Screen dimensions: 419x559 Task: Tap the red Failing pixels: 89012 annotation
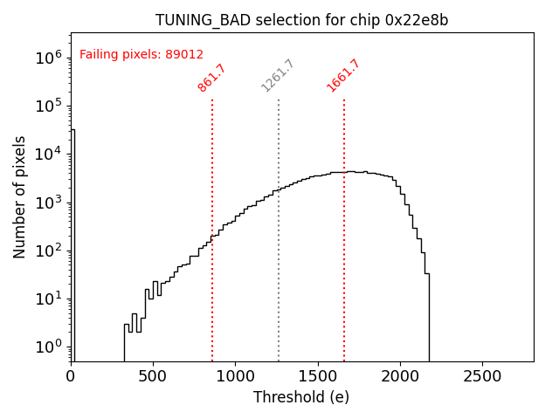[141, 54]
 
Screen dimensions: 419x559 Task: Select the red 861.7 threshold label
[211, 77]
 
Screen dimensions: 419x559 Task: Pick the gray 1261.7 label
[279, 76]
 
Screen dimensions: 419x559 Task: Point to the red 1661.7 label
[343, 76]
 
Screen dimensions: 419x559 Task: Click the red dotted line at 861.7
[212, 262]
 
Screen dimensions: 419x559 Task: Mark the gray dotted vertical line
[279, 262]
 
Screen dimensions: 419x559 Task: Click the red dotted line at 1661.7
[344, 262]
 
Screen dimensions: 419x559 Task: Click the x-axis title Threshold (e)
[301, 397]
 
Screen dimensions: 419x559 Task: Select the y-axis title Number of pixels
[19, 196]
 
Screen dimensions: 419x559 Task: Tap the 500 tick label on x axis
[153, 376]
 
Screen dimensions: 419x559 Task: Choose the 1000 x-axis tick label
[235, 376]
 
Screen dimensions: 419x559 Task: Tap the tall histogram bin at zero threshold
[72, 244]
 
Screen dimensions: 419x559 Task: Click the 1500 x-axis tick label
[318, 376]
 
